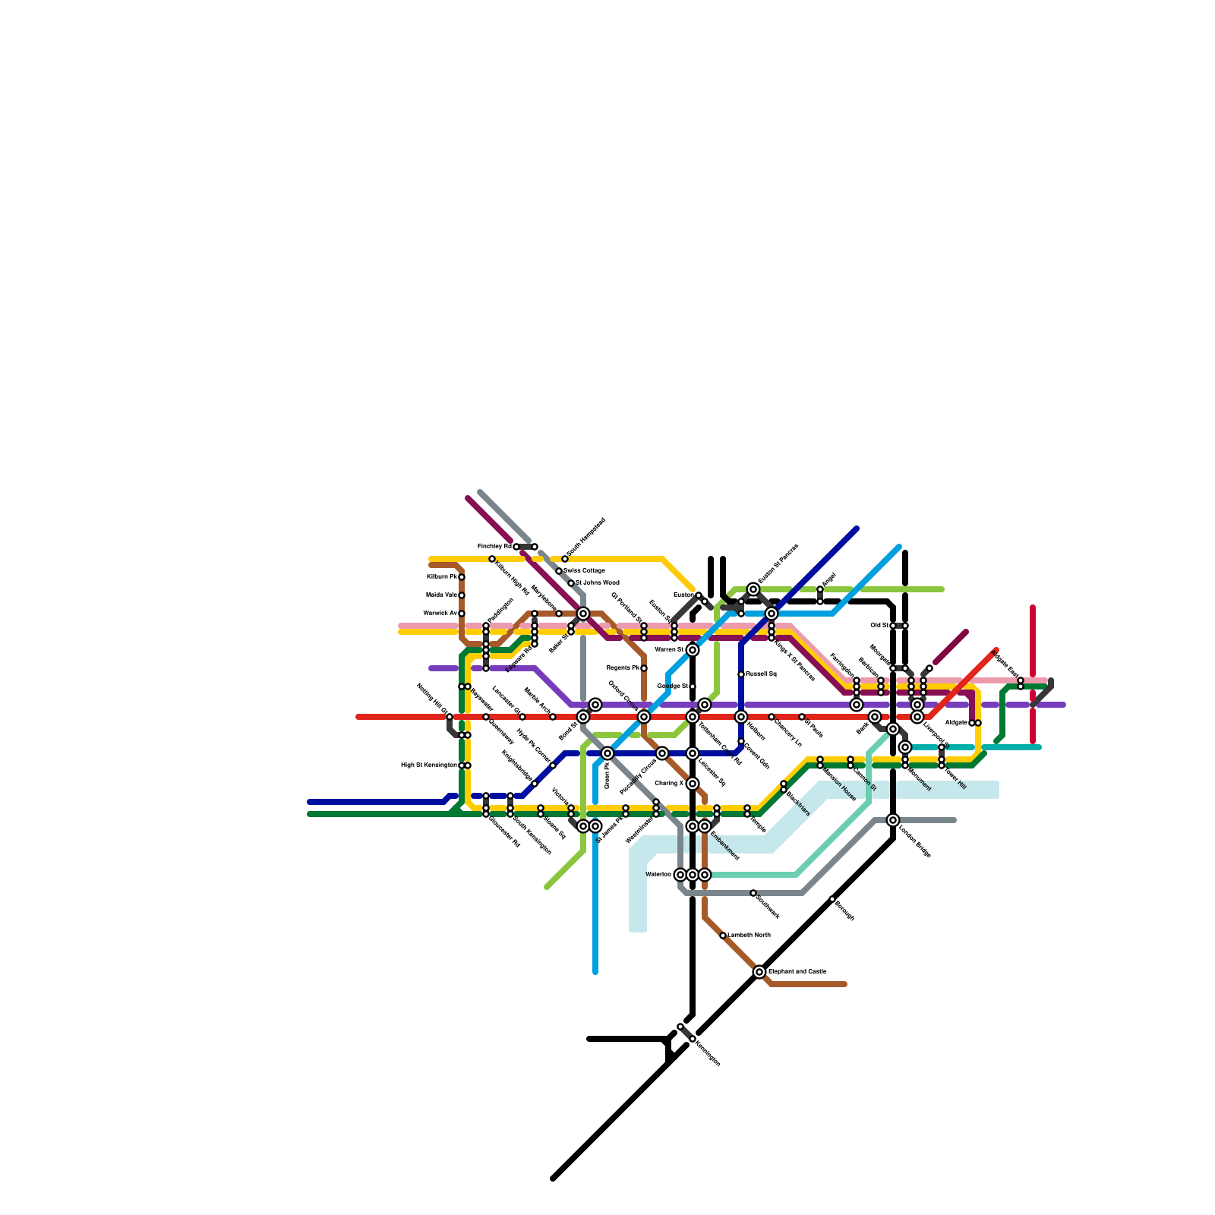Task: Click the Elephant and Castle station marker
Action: pos(759,972)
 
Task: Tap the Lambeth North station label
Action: pos(750,935)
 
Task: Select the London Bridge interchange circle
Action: pos(893,820)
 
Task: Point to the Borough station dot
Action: pos(832,899)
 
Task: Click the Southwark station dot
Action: pos(753,893)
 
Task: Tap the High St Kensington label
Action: pos(429,765)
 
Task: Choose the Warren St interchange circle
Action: pos(693,650)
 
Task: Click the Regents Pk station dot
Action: pos(644,668)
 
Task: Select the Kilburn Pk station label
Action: pos(442,577)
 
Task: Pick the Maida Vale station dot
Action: pos(462,595)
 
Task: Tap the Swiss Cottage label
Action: pos(584,570)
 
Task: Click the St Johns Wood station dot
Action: pos(571,583)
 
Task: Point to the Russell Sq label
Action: pos(761,674)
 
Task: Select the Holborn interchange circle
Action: pos(741,717)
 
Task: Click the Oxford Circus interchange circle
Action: pos(644,717)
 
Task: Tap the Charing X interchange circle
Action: pos(693,784)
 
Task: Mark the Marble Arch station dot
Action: pos(553,717)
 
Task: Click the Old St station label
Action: pos(879,626)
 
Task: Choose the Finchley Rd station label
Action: pos(494,547)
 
